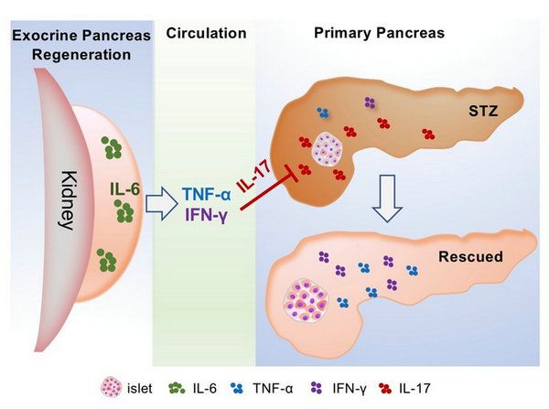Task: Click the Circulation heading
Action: (207, 33)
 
